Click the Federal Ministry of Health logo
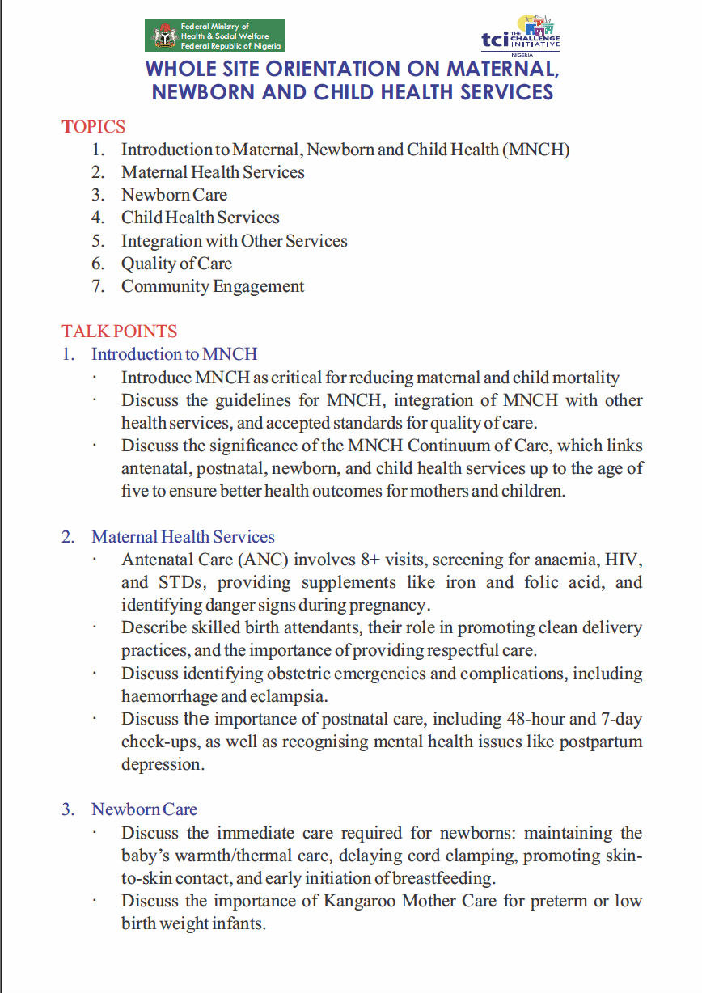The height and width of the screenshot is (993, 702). click(214, 36)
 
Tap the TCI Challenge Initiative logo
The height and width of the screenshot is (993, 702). click(520, 33)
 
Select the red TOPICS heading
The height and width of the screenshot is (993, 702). click(94, 127)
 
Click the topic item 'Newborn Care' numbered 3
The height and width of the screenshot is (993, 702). click(174, 195)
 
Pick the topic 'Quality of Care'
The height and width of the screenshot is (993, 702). click(176, 264)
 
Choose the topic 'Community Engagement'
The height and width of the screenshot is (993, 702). click(213, 286)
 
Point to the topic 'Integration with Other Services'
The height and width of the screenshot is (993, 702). click(234, 241)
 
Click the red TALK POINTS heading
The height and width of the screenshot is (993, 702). click(119, 332)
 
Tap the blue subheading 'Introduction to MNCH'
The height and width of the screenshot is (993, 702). click(174, 354)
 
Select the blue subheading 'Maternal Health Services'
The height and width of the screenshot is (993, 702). click(183, 537)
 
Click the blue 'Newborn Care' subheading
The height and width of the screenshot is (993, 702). click(144, 809)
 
